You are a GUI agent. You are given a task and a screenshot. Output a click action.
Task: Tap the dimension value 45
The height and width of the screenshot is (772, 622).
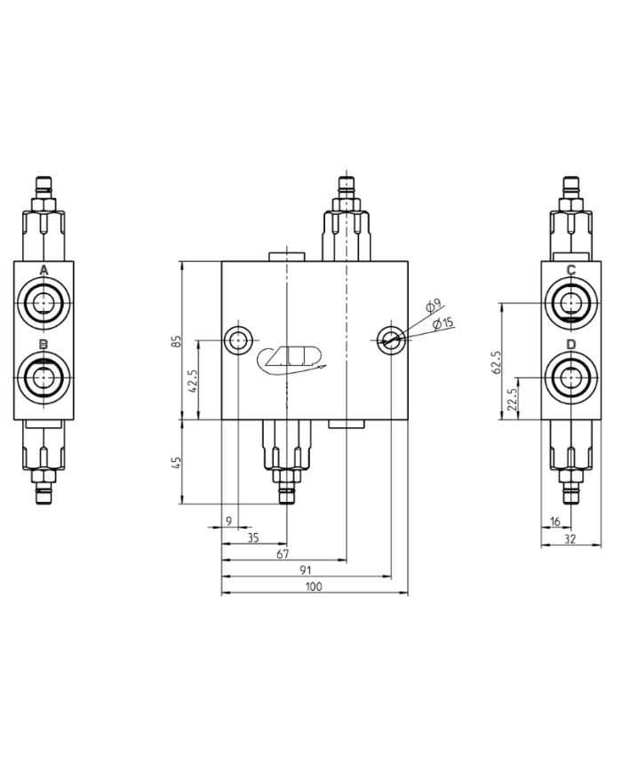(x=177, y=463)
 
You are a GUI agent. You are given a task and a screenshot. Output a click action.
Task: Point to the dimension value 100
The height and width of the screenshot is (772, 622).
(x=313, y=587)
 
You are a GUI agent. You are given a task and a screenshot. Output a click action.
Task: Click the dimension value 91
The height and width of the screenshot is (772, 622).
(x=305, y=570)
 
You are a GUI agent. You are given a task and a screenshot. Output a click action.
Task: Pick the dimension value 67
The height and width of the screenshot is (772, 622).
(x=283, y=554)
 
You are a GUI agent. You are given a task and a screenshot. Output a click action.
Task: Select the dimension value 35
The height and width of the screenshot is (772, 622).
(x=253, y=538)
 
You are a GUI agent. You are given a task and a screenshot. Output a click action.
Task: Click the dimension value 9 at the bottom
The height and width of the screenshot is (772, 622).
(x=228, y=521)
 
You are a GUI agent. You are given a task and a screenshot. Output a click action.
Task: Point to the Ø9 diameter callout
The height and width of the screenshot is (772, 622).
(x=433, y=307)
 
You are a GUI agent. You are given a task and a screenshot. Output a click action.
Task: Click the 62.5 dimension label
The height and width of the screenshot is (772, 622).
(x=498, y=362)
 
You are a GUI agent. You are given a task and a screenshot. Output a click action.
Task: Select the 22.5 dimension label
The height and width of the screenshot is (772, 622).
(x=512, y=398)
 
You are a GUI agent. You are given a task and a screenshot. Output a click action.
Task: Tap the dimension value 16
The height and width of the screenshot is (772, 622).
(x=555, y=521)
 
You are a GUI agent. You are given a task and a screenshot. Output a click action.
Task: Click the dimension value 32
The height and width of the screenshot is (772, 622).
(x=570, y=538)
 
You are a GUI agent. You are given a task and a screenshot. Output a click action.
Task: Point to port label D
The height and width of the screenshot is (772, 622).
(x=571, y=345)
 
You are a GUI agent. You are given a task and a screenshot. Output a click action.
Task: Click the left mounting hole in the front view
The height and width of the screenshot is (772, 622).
(x=237, y=339)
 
